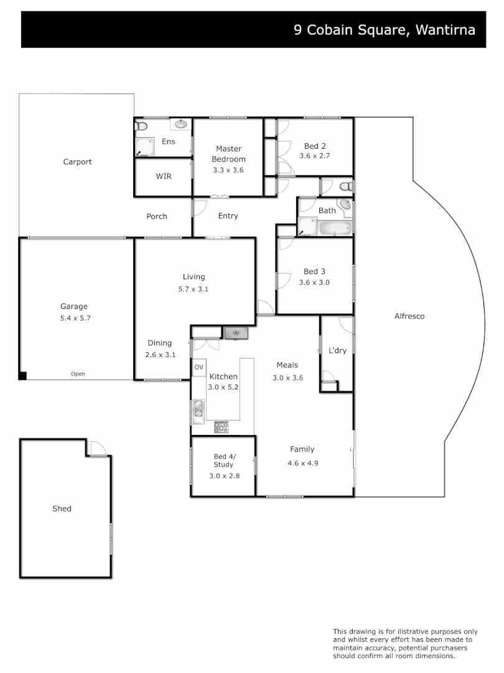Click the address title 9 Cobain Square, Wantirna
[385, 29]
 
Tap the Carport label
[77, 162]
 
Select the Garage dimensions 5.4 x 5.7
[74, 318]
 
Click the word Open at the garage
[78, 374]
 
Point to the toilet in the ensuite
[141, 126]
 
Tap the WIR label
[164, 176]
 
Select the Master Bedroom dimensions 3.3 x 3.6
[228, 169]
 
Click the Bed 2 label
[315, 146]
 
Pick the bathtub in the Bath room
[335, 228]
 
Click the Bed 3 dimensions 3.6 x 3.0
[314, 282]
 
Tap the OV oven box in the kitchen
[198, 367]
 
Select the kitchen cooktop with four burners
[221, 427]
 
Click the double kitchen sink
[198, 408]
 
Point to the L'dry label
[337, 351]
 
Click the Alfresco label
[409, 316]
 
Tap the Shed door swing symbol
[97, 448]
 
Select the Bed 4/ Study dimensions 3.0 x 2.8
[224, 475]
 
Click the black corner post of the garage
[23, 375]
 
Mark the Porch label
[157, 216]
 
